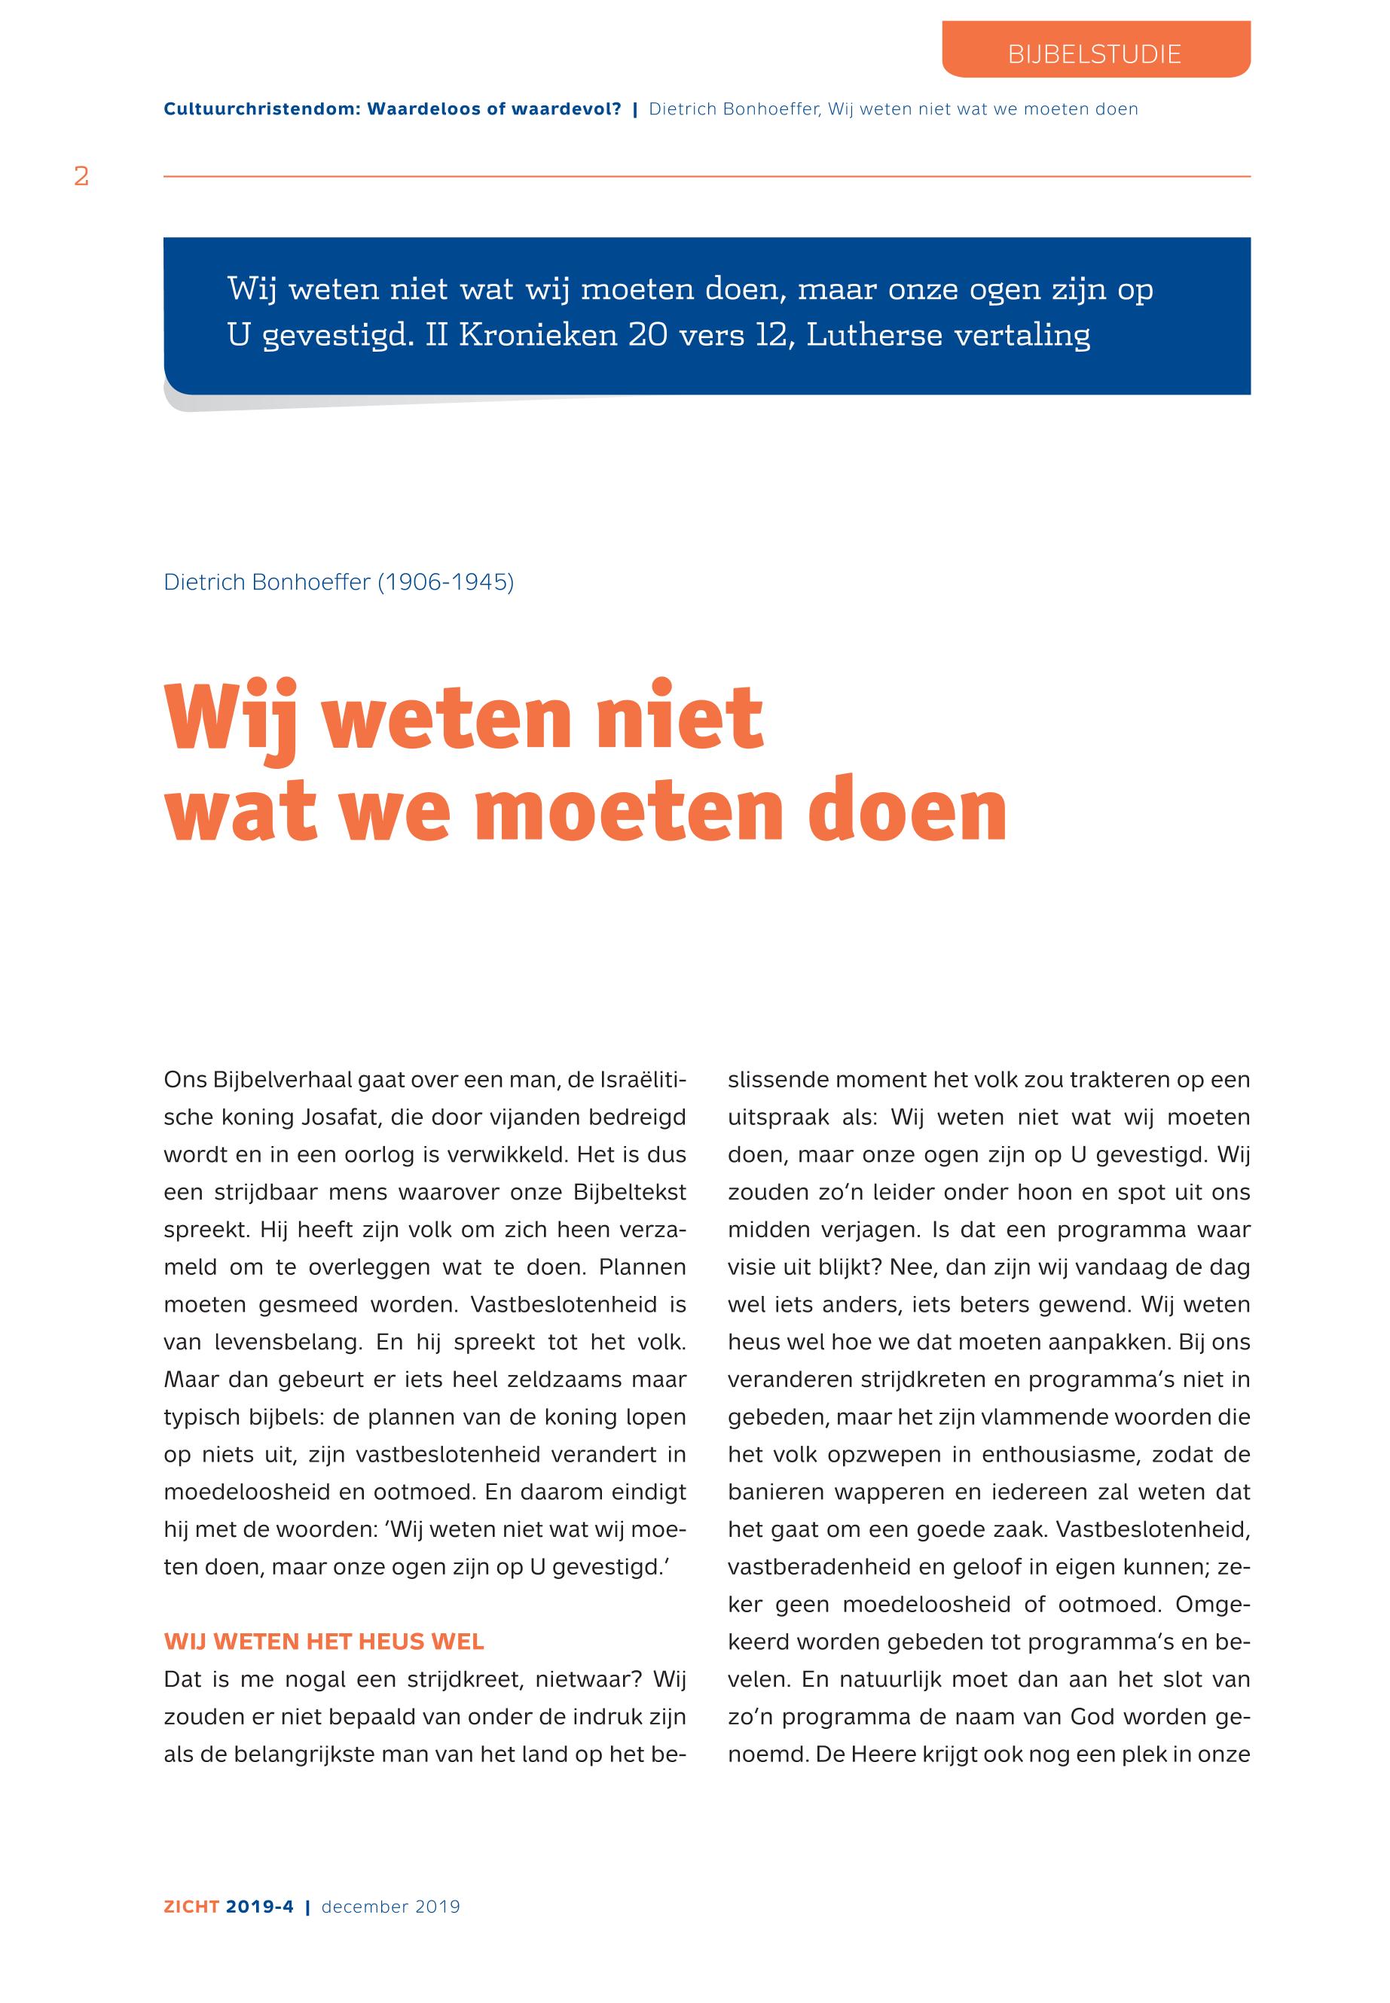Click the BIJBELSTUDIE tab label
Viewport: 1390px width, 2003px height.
click(x=1094, y=54)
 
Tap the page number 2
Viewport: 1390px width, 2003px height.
click(x=82, y=177)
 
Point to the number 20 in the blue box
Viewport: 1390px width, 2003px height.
click(x=648, y=335)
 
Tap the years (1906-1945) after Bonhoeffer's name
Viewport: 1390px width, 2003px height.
click(x=445, y=582)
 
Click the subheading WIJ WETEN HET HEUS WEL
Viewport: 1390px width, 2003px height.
click(x=324, y=1642)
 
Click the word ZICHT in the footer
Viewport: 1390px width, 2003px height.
click(x=191, y=1907)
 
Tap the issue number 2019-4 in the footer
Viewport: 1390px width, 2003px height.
click(x=259, y=1907)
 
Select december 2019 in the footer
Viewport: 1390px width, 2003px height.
click(x=390, y=1907)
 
